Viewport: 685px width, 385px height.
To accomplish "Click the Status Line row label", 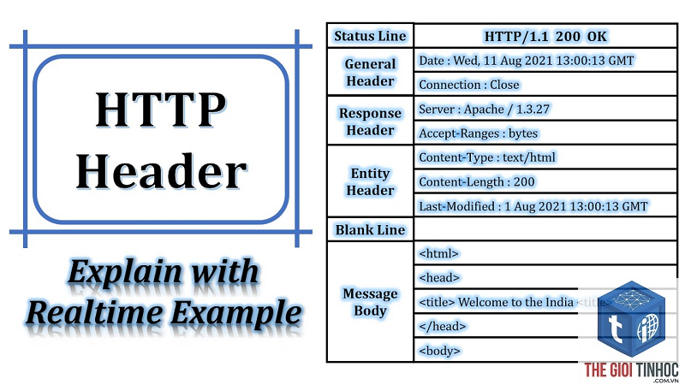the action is pyautogui.click(x=370, y=36).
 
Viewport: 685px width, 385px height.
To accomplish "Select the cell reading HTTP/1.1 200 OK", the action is pyautogui.click(x=545, y=36).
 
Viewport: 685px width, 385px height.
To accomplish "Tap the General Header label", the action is pyautogui.click(x=370, y=72).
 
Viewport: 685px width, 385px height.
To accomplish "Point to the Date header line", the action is pyautogui.click(x=526, y=60).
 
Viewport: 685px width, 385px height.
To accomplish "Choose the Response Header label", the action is pyautogui.click(x=370, y=121).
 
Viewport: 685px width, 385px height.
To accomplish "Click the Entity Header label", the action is pyautogui.click(x=370, y=181).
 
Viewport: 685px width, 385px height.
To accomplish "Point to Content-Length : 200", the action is pyautogui.click(x=476, y=181).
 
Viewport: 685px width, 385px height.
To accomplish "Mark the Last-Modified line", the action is pyautogui.click(x=533, y=206).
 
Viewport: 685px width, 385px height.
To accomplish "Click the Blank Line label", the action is pyautogui.click(x=370, y=229).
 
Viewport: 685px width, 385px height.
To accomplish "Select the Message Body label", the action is pyautogui.click(x=370, y=302).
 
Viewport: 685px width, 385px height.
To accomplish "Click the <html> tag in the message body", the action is pyautogui.click(x=438, y=253).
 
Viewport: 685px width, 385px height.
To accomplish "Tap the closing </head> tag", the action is pyautogui.click(x=442, y=326).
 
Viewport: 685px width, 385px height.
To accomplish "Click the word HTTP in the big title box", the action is pyautogui.click(x=161, y=110).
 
